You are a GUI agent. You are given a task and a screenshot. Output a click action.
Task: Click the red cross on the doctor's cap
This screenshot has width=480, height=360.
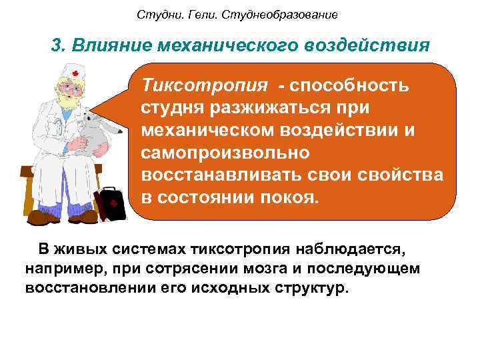pos(75,73)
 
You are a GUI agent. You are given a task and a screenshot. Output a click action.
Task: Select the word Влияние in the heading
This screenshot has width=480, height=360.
pos(107,45)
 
